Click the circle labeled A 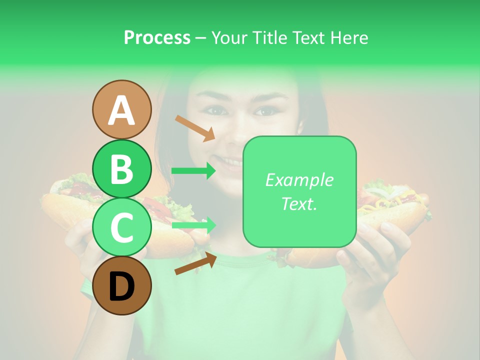pos(121,109)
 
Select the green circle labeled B pos(121,168)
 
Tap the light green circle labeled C pos(121,227)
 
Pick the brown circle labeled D pos(121,286)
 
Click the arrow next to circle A pos(195,128)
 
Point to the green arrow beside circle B pos(193,171)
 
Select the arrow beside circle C pos(193,225)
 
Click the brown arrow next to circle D pos(195,263)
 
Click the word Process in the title pos(157,37)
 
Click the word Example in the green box pos(299,180)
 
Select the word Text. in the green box pos(299,203)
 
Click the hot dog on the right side pos(392,205)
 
